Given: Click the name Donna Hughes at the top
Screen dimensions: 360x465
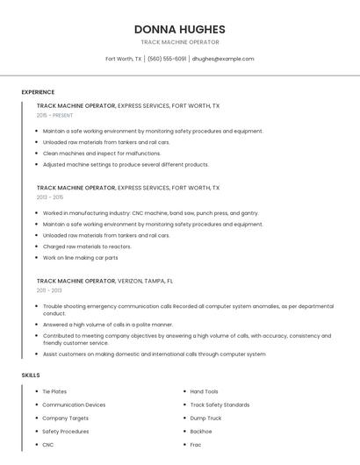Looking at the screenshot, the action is [x=179, y=29].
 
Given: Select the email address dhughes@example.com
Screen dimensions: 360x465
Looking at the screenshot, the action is [x=223, y=59].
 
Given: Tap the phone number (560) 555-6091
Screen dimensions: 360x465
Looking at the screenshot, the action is [x=167, y=59].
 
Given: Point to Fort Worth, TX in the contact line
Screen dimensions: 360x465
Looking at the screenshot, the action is [x=124, y=59].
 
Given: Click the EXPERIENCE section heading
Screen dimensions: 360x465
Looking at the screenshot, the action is [x=38, y=92].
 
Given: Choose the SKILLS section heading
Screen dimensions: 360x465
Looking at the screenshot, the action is [x=31, y=375].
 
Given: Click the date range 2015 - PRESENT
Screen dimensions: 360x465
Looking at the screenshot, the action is [x=55, y=115].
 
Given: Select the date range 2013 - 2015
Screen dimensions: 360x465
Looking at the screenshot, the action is [x=50, y=197].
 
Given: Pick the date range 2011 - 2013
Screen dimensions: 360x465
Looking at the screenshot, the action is [x=49, y=290].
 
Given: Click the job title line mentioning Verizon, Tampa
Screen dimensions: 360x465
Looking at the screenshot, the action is [x=104, y=282].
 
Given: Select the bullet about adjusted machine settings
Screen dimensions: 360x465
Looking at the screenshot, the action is [x=126, y=164].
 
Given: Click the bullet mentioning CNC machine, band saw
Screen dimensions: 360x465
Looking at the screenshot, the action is [x=150, y=213].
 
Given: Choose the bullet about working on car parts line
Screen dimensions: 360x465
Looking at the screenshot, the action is [x=80, y=258].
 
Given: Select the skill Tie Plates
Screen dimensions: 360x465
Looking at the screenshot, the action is [x=54, y=391].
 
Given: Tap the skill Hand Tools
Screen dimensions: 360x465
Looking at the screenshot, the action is [x=205, y=391].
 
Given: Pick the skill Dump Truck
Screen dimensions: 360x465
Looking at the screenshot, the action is [x=205, y=418].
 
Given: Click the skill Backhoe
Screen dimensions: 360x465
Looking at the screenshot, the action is [x=201, y=432].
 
